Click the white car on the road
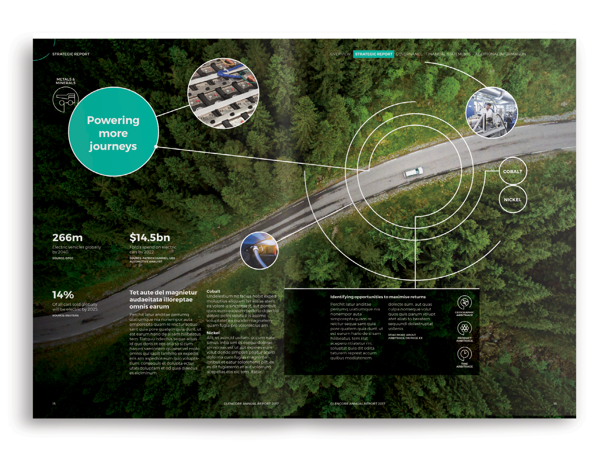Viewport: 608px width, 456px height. point(413,172)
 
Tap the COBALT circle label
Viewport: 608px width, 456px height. point(512,172)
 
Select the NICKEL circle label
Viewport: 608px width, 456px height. point(512,200)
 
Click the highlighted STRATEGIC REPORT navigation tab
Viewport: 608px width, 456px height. point(373,54)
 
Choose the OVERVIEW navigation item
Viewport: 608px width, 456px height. point(340,54)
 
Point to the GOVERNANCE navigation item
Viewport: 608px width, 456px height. point(409,54)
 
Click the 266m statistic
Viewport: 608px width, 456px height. point(67,238)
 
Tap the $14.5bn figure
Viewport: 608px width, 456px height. point(150,238)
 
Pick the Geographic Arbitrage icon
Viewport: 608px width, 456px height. point(464,302)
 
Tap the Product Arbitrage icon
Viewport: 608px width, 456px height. point(464,328)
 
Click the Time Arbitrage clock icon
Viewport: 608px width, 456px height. point(464,354)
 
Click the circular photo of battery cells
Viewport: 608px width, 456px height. point(223,93)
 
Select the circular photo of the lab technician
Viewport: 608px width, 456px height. point(491,113)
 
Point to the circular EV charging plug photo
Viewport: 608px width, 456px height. point(259,251)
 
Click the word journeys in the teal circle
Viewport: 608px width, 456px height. point(113,146)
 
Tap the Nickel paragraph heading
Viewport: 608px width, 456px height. point(213,333)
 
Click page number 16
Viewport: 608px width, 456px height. point(555,404)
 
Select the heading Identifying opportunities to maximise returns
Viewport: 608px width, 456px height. point(378,297)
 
